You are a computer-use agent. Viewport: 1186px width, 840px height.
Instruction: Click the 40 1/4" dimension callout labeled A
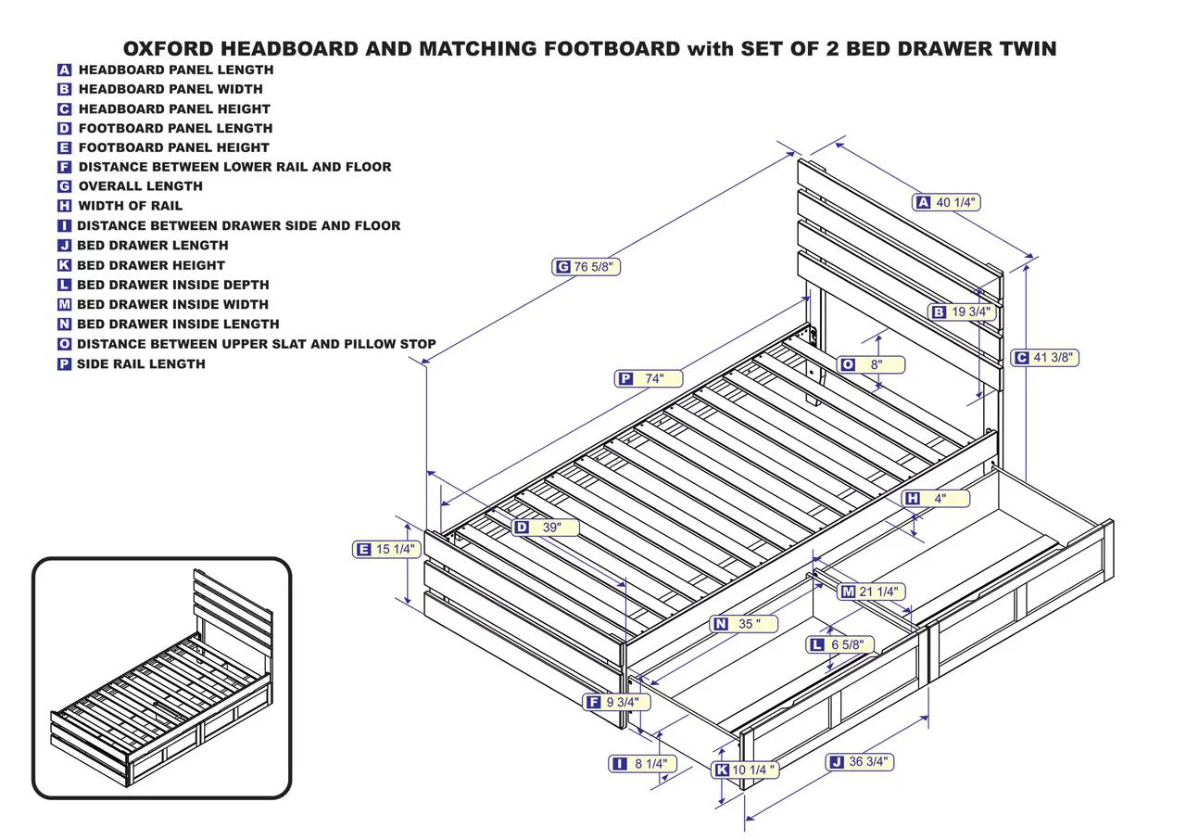946,202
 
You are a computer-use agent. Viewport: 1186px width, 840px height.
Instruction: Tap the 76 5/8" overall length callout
586,266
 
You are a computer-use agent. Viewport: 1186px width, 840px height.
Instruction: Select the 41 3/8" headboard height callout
1044,358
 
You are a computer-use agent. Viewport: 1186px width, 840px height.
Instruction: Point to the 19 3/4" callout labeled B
962,312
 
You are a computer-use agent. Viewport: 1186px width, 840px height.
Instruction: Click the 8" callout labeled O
871,364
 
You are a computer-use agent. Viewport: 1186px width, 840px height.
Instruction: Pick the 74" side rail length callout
649,378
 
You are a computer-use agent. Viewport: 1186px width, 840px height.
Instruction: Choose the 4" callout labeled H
936,499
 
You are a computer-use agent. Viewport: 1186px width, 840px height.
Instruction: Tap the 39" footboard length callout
546,527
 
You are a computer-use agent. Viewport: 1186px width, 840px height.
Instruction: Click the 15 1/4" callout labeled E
387,549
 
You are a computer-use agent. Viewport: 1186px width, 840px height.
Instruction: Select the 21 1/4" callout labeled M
871,592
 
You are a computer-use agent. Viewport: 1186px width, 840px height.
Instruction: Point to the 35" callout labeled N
743,624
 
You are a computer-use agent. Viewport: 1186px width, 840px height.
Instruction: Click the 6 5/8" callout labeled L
840,644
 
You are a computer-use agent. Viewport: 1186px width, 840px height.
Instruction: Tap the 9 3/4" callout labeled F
617,702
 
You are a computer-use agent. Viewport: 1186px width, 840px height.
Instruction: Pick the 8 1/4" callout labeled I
643,764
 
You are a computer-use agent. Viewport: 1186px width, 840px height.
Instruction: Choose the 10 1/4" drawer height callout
745,770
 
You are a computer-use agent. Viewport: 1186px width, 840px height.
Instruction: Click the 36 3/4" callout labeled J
860,762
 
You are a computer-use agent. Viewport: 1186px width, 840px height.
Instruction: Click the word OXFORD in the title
169,49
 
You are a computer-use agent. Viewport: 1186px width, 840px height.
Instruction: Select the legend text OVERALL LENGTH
140,186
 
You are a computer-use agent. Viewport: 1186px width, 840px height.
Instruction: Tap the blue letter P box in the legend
64,363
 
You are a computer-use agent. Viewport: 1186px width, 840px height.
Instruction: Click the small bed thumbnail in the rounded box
161,678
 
